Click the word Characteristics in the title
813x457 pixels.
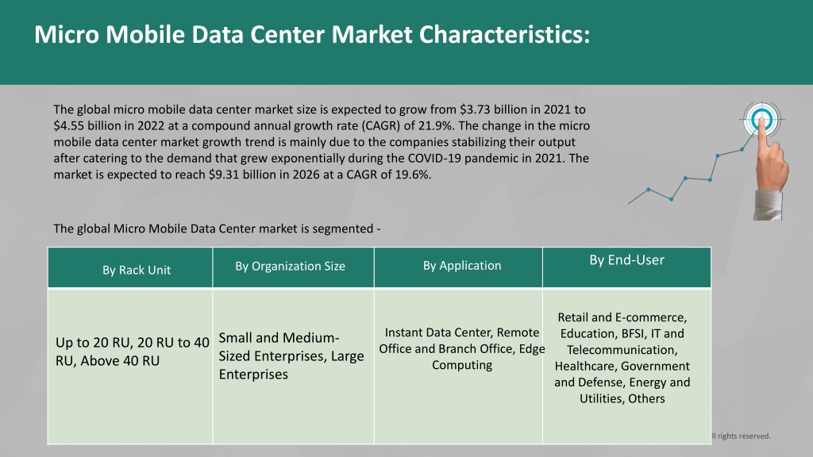click(504, 35)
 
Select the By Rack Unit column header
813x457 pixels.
click(137, 270)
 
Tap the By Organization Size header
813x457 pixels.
click(290, 267)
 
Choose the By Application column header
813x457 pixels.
click(462, 266)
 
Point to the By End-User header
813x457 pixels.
click(627, 260)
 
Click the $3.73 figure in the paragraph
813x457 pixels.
click(475, 109)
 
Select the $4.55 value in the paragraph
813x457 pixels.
click(69, 126)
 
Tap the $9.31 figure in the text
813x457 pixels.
click(224, 175)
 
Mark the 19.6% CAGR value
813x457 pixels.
click(413, 175)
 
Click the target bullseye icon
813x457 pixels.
click(761, 120)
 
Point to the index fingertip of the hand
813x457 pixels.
click(761, 121)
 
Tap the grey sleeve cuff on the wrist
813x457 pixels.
click(768, 205)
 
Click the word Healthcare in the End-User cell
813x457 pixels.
click(585, 367)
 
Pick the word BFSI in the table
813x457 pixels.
click(633, 334)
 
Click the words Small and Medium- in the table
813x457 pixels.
click(279, 338)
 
